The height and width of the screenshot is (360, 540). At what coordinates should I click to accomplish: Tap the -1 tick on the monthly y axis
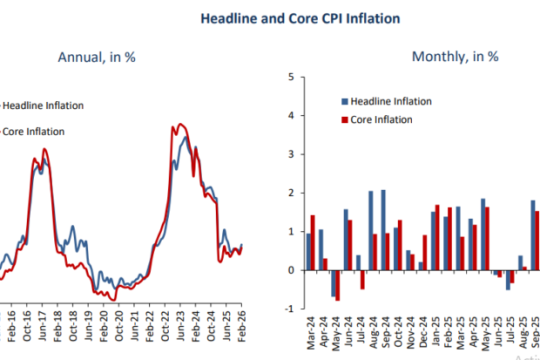[287, 309]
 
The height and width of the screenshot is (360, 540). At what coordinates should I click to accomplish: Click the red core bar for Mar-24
[313, 242]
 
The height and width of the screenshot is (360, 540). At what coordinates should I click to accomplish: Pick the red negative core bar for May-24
[338, 285]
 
